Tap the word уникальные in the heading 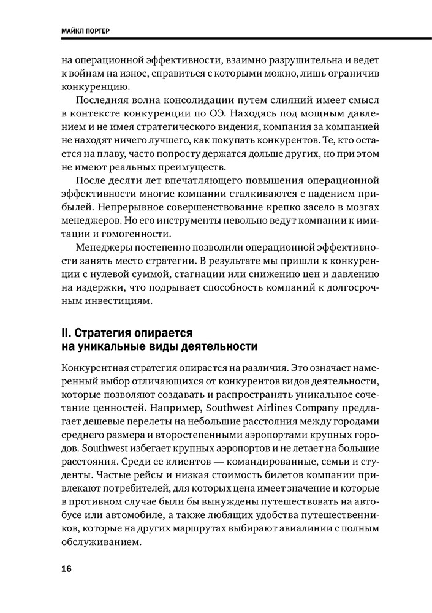pyautogui.click(x=113, y=348)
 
